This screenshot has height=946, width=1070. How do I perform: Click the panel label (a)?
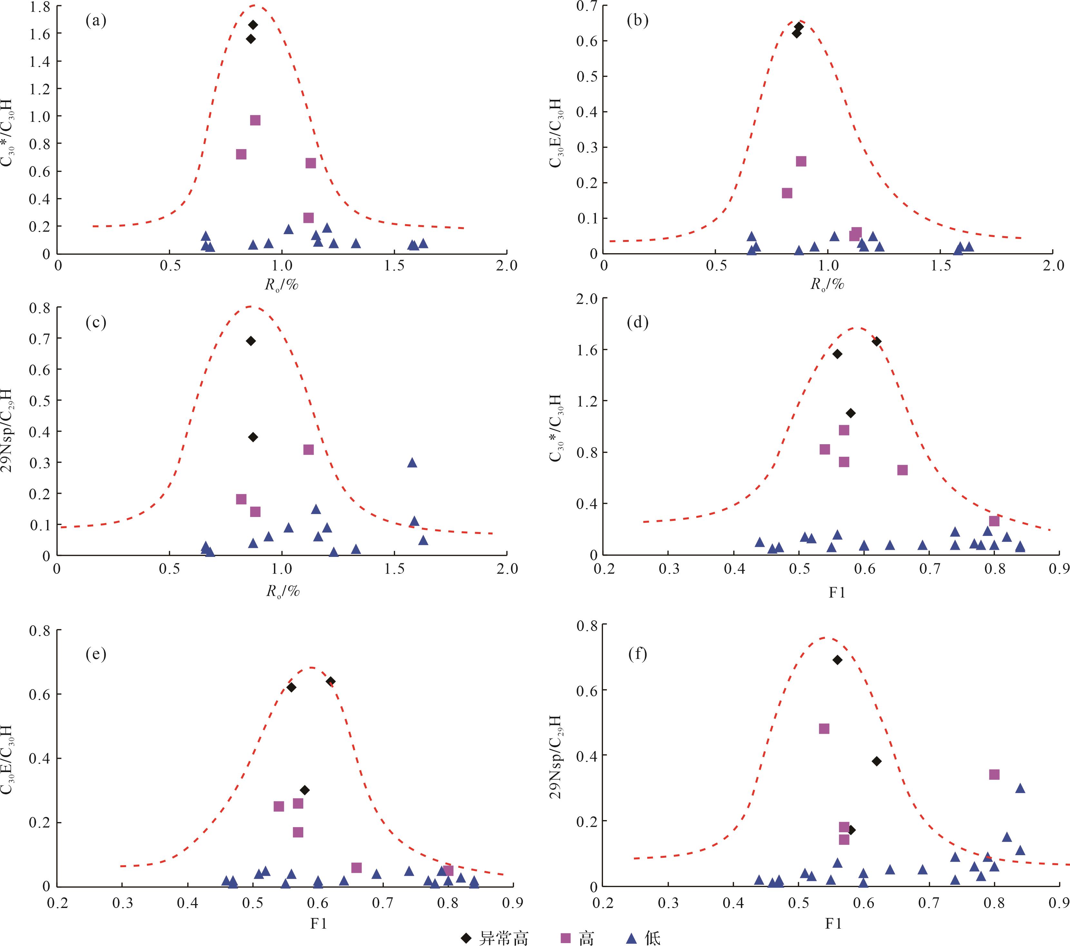(x=96, y=21)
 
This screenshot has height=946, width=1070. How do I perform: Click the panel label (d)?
(x=637, y=322)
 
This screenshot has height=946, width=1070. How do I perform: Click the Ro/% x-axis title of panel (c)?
(x=283, y=592)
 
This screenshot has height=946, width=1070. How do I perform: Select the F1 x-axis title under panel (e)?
(x=318, y=923)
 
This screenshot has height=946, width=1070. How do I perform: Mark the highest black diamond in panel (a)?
(x=253, y=24)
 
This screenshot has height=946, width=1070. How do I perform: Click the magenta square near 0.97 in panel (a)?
(x=255, y=120)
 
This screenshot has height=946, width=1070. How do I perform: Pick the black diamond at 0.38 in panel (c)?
(x=253, y=437)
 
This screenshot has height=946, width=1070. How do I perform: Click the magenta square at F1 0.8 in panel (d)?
(x=994, y=521)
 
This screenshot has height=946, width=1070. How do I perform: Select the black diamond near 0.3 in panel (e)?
(x=305, y=790)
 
